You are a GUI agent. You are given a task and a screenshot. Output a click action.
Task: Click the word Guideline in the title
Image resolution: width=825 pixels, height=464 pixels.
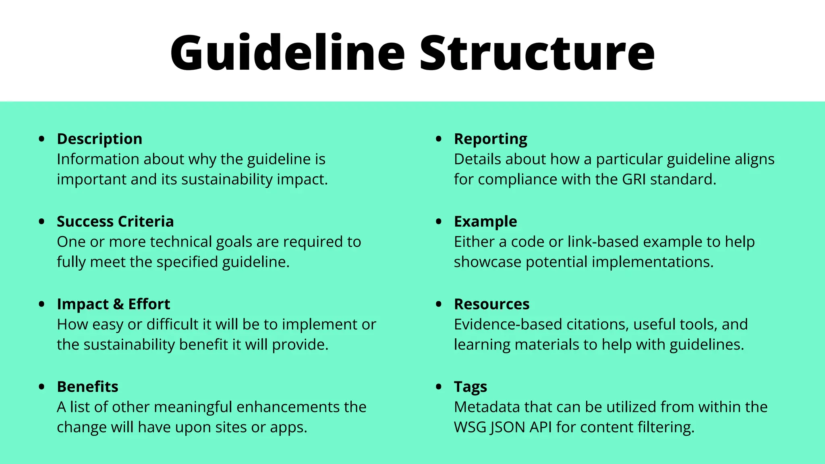click(x=287, y=54)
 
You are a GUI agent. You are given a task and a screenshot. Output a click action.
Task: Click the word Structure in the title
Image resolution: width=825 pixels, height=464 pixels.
click(x=537, y=54)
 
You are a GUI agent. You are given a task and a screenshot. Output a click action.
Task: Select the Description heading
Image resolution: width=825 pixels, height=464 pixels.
click(x=99, y=139)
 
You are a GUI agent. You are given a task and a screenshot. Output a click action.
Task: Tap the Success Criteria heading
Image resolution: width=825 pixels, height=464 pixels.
click(x=115, y=222)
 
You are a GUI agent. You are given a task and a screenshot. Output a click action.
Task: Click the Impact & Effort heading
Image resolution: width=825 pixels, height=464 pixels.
click(x=113, y=304)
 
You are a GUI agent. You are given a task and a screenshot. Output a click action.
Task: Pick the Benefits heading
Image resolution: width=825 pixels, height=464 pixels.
click(x=87, y=387)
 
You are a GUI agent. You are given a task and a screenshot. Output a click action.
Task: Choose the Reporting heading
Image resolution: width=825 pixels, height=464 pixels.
click(x=490, y=139)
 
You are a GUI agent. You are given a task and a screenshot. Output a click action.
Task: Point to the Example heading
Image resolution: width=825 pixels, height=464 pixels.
click(x=485, y=222)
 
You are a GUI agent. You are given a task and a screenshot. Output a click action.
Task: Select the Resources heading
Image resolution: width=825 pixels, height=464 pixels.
click(x=491, y=304)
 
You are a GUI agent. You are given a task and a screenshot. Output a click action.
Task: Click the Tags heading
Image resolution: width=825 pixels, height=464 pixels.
click(x=470, y=387)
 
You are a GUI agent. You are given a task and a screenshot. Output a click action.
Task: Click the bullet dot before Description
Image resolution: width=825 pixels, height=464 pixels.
click(x=41, y=139)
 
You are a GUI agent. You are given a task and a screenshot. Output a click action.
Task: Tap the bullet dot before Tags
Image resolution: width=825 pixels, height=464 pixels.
click(x=439, y=387)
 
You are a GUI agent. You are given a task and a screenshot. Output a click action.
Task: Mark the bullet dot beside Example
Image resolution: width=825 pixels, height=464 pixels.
click(x=439, y=222)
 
